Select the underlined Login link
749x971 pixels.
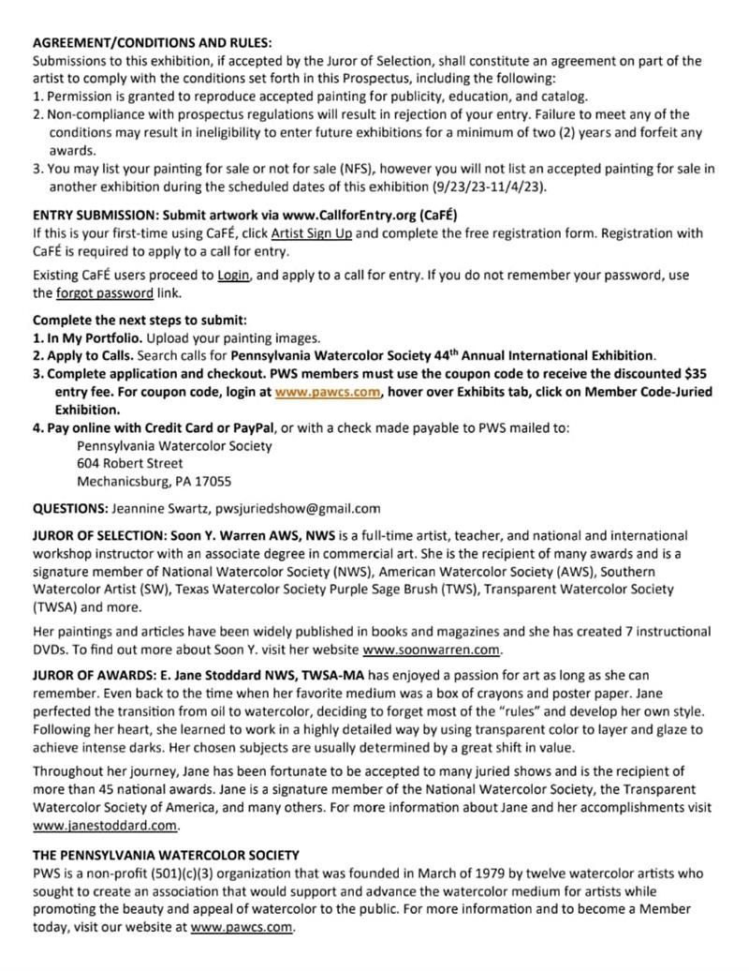(x=233, y=276)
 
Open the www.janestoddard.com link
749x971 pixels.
(x=105, y=827)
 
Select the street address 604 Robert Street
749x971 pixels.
(x=130, y=463)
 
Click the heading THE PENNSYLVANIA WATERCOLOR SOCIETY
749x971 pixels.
(x=166, y=855)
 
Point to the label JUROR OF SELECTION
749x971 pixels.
(x=98, y=535)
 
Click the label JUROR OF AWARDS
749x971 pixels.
(x=92, y=675)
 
